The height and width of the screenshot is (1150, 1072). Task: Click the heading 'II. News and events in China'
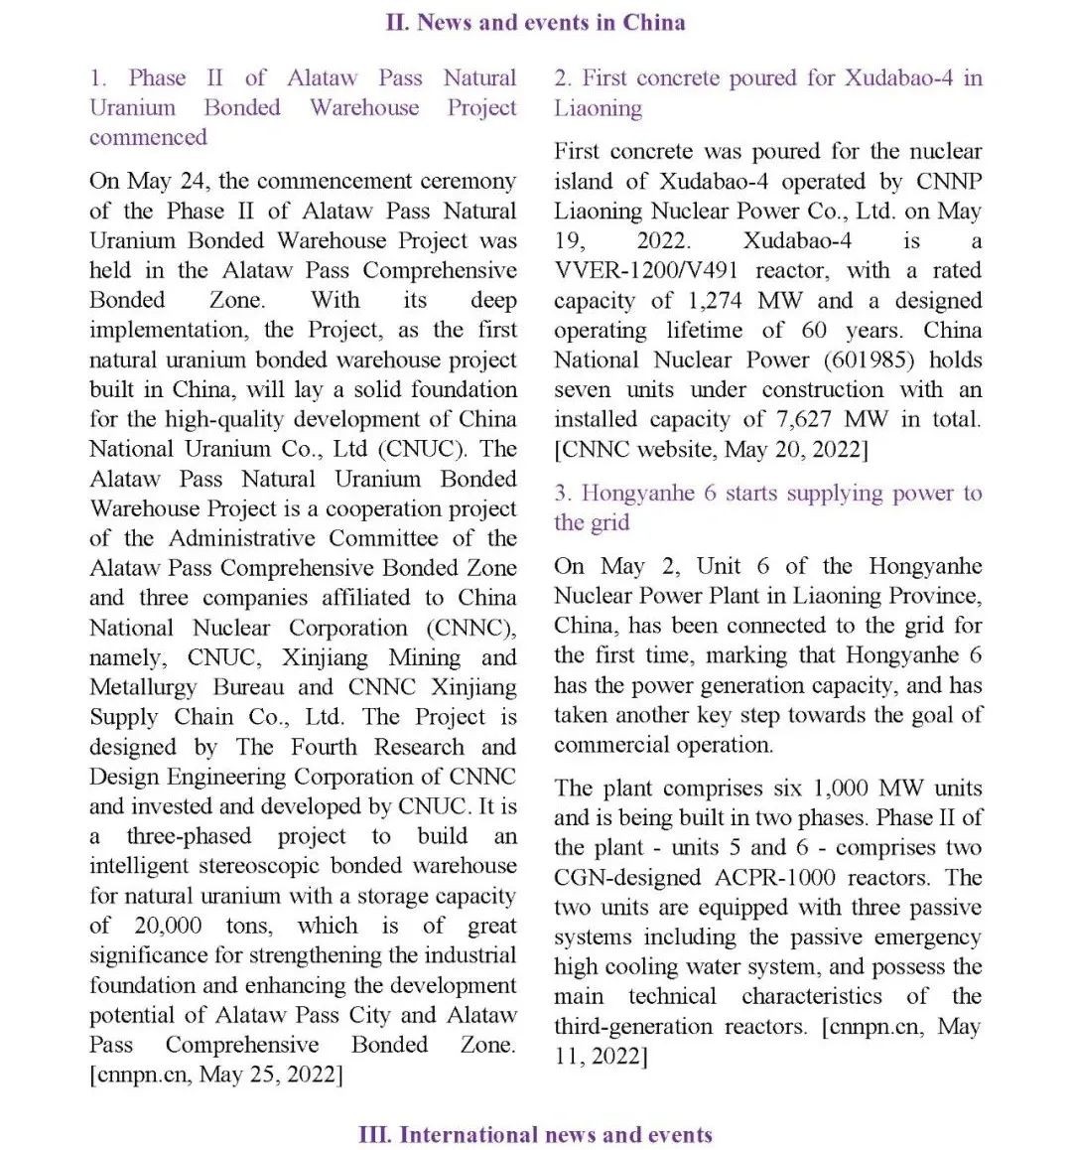tap(535, 22)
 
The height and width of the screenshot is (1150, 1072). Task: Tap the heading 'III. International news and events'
tap(535, 1134)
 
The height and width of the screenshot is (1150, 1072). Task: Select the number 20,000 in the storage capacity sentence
tap(169, 926)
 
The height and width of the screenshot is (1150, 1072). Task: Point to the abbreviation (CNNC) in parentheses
tap(470, 628)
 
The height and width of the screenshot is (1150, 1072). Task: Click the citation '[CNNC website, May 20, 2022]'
tap(711, 449)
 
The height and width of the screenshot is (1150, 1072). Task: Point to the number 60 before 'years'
tap(814, 330)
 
